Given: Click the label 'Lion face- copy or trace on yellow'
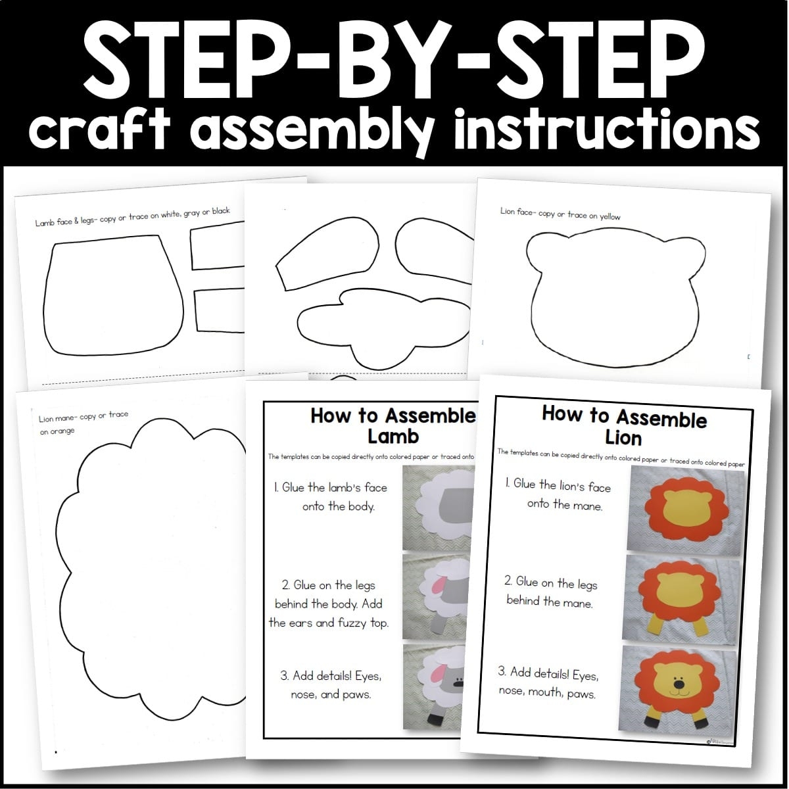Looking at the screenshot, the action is click(x=560, y=214).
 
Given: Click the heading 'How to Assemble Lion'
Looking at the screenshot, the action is click(x=624, y=426).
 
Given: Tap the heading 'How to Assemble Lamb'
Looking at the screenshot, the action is click(x=393, y=426).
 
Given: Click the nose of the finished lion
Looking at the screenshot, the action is click(x=679, y=684).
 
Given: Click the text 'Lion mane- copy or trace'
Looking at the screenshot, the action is click(x=84, y=416).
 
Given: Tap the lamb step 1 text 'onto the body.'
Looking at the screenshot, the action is click(x=339, y=507).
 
